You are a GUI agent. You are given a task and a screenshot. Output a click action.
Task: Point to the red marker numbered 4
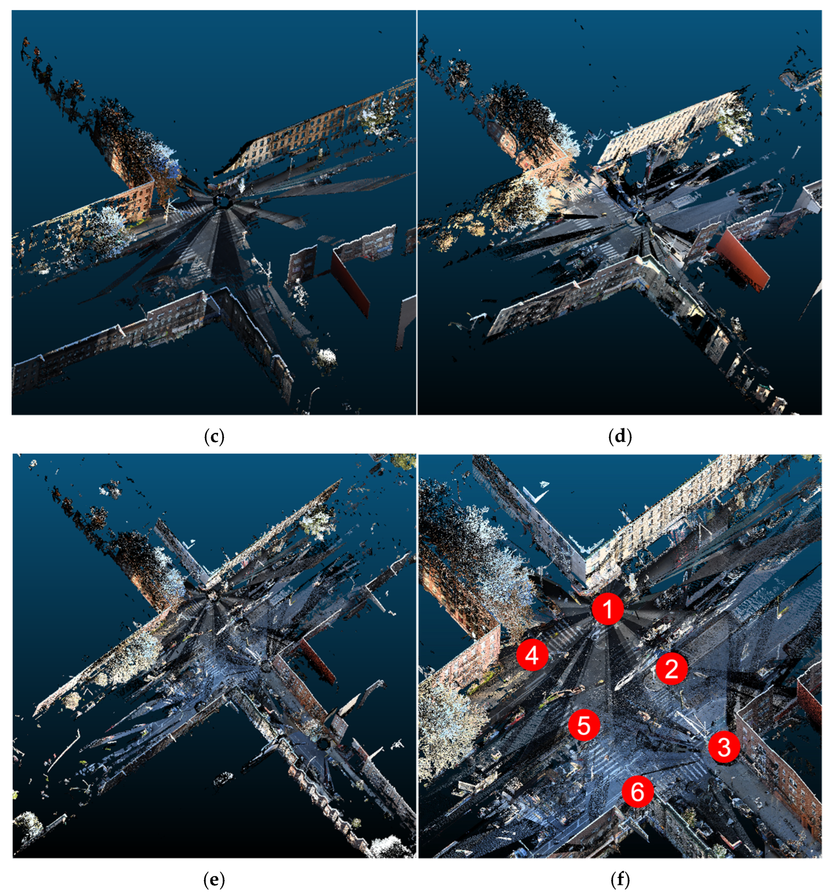[x=532, y=655]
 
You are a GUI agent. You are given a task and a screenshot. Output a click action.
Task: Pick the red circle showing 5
[x=584, y=725]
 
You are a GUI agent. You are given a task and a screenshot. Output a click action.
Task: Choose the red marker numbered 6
[x=638, y=791]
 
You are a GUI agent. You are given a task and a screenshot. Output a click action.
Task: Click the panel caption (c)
[x=214, y=436]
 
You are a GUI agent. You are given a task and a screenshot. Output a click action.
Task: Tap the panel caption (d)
[x=620, y=436]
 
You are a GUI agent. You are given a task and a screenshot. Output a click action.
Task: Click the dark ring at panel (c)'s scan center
[x=222, y=201]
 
